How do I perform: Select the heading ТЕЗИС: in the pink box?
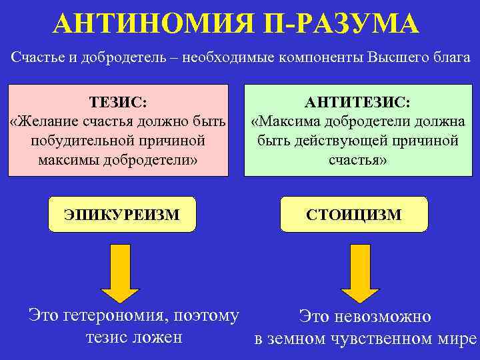click(x=119, y=101)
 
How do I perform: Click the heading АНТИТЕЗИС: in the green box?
click(x=357, y=101)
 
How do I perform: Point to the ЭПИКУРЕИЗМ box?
click(x=123, y=214)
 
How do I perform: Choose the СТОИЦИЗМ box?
click(x=354, y=214)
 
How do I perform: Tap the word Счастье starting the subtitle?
click(x=38, y=57)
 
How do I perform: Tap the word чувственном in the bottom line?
click(x=386, y=338)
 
